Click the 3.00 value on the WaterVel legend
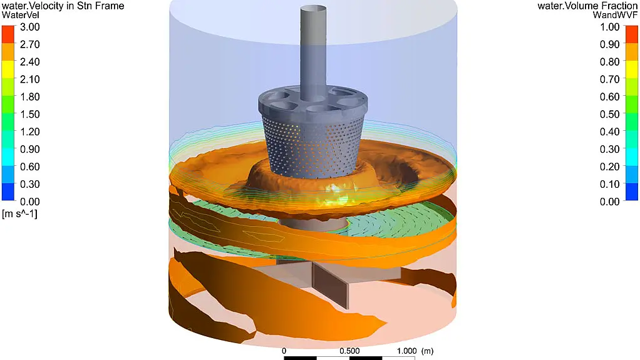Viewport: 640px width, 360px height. tap(30, 27)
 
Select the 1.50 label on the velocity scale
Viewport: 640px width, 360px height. tap(30, 115)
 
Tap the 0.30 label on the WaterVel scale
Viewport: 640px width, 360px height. tap(30, 184)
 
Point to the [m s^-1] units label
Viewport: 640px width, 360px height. tap(19, 213)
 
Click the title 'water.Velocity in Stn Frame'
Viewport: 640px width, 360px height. tap(63, 6)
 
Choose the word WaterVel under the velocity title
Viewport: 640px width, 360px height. tap(21, 15)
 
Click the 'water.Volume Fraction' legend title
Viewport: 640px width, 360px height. tap(587, 6)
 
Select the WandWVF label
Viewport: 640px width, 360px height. tap(615, 15)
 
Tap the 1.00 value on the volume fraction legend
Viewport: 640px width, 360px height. tap(610, 27)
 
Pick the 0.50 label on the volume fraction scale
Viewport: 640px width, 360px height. tap(610, 115)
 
